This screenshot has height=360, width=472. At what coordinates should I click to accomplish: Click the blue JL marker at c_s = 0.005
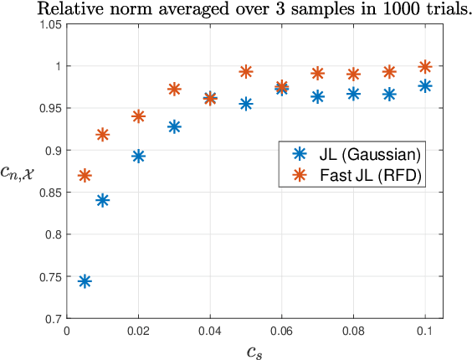[85, 281]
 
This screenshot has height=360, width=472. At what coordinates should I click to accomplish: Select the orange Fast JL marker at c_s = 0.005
[85, 176]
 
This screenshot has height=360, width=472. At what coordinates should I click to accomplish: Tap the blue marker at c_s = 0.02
[138, 157]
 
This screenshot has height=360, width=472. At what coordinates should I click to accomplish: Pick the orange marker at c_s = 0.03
[174, 89]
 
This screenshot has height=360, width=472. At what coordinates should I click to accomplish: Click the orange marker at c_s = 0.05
[246, 72]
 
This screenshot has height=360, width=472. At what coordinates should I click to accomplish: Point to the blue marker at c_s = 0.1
[425, 85]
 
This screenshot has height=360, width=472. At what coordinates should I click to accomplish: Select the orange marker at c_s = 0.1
[425, 66]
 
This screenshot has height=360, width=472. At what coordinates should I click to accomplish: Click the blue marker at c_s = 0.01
[103, 200]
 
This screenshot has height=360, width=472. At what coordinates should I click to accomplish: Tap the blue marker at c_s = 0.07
[317, 97]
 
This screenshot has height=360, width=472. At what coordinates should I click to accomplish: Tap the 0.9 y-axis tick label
[54, 151]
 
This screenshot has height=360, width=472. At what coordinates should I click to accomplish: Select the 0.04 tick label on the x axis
[209, 331]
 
